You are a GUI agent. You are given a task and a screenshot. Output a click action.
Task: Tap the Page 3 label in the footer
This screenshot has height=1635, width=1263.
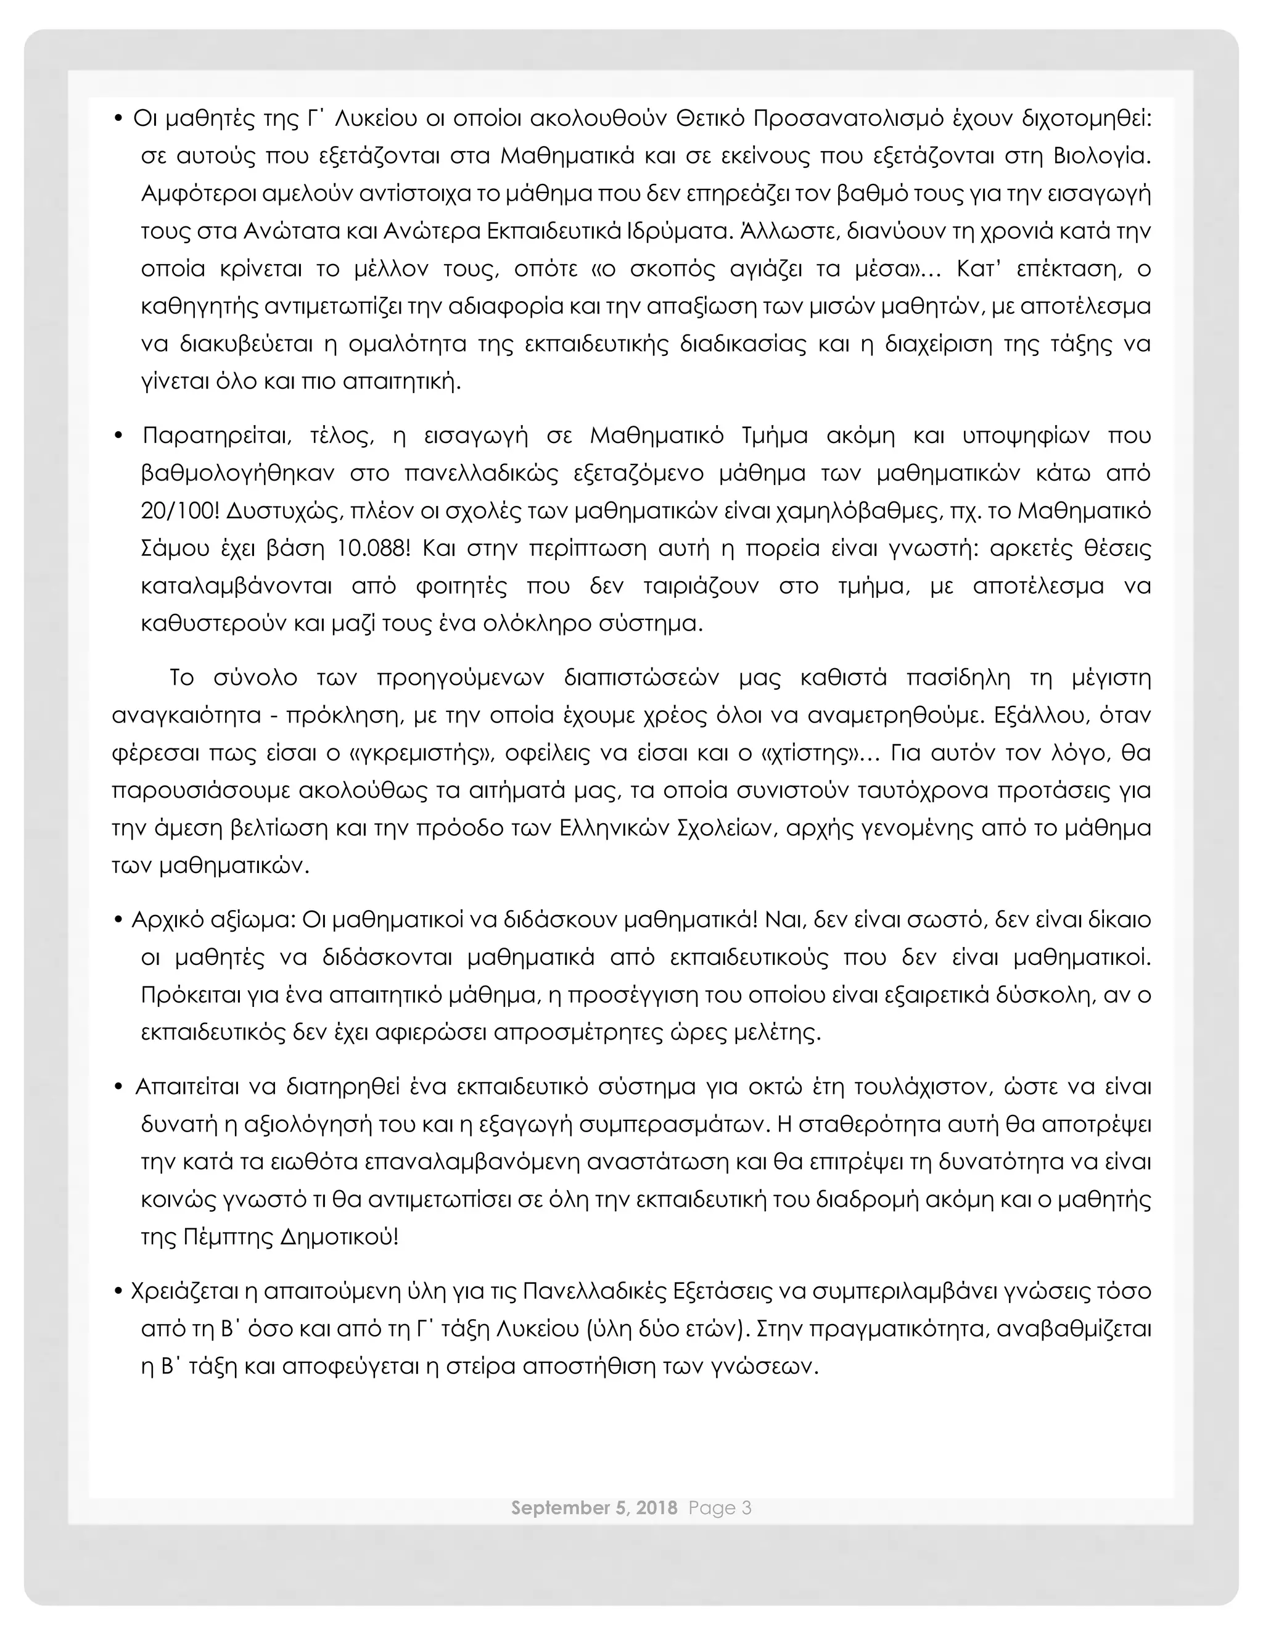(720, 1507)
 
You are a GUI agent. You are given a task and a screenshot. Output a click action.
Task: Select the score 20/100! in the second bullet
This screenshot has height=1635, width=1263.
(179, 511)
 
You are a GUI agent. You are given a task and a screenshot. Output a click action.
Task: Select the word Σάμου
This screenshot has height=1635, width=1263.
(169, 548)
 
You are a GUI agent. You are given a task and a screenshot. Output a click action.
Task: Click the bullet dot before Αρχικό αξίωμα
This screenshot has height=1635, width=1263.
(118, 919)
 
